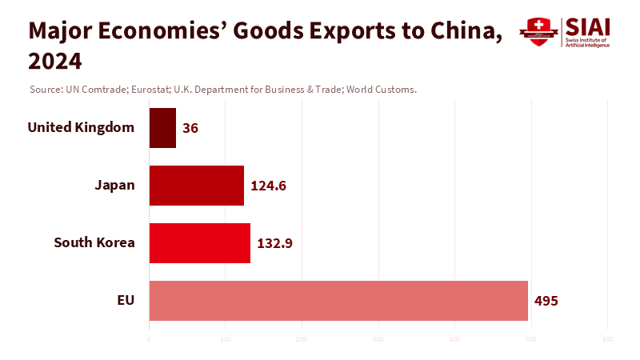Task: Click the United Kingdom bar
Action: point(162,128)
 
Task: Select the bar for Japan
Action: point(196,186)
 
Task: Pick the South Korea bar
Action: point(199,243)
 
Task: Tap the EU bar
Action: point(338,301)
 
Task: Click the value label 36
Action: point(190,128)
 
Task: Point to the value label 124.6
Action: point(268,186)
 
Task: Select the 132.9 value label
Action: point(274,243)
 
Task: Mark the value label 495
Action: point(546,301)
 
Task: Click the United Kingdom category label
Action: point(81,127)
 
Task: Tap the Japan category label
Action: point(114,185)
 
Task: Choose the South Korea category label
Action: point(94,242)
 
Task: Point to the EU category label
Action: point(126,300)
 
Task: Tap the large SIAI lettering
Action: point(586,26)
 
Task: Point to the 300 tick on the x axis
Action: point(378,340)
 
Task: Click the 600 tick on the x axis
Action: point(607,340)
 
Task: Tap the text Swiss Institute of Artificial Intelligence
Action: point(587,42)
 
